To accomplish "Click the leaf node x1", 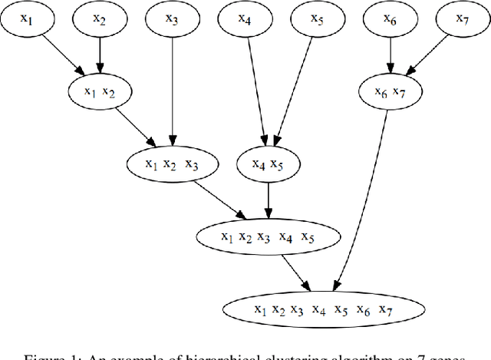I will [26, 20].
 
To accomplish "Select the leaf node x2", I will [100, 20].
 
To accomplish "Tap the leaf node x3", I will [172, 20].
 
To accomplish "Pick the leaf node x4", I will [245, 20].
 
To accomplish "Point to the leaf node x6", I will [390, 20].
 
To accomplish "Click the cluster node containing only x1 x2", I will [100, 92].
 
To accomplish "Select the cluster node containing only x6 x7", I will [390, 92].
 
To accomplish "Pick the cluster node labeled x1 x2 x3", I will [172, 163].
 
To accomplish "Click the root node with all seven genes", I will [323, 309].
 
